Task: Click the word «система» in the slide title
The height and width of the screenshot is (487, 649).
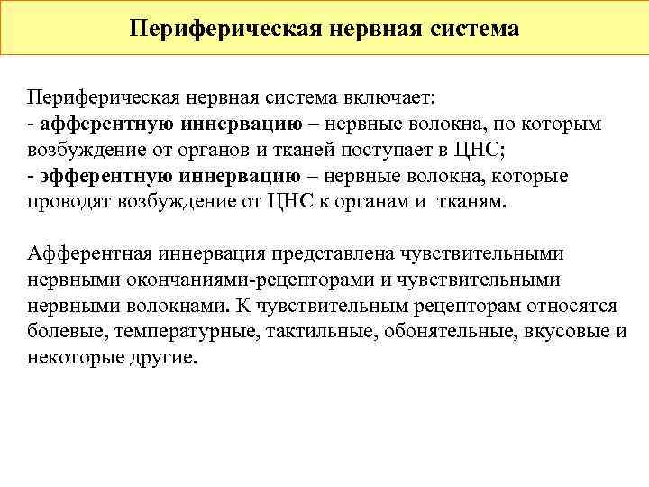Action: tap(471, 29)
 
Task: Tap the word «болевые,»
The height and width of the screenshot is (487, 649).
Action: tap(68, 332)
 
